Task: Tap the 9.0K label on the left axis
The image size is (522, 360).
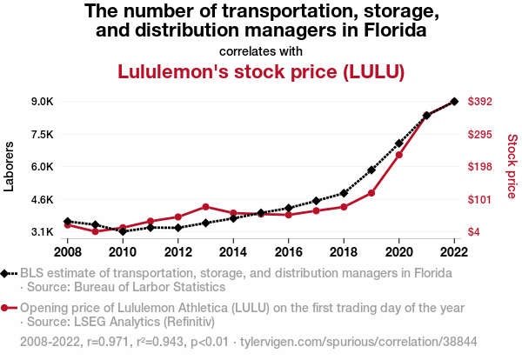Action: click(x=42, y=102)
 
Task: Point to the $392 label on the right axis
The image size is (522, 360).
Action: click(x=481, y=102)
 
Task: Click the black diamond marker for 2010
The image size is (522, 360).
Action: click(x=123, y=231)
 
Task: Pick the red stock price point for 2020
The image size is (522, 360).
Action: click(x=399, y=155)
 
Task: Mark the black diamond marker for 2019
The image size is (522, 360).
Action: click(x=371, y=170)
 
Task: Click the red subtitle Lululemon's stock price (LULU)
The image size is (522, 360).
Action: click(x=261, y=71)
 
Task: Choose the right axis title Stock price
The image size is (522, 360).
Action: click(x=512, y=165)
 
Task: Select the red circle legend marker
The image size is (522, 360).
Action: click(x=6, y=308)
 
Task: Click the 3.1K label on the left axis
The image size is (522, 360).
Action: click(x=42, y=232)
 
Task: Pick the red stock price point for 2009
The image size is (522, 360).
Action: click(x=95, y=231)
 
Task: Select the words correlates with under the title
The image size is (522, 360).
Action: click(x=261, y=51)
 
